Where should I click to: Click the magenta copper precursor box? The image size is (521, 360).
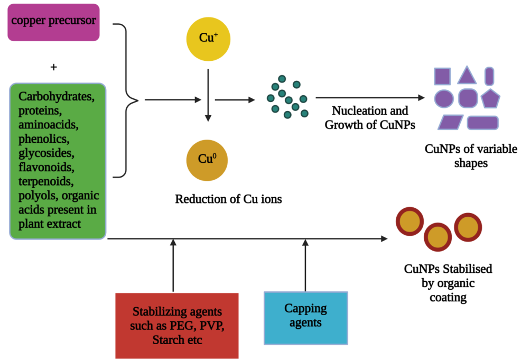coord(53,22)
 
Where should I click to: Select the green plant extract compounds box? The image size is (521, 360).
coord(58,161)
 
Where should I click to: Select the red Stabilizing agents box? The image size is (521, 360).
coord(177,325)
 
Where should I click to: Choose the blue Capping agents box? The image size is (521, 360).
coord(305,315)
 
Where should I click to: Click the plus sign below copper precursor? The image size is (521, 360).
coord(53,68)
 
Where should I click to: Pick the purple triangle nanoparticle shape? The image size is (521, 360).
coord(467,76)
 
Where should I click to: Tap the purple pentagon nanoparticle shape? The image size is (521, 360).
coord(490,98)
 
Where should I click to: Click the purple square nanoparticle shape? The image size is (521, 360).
coord(442,76)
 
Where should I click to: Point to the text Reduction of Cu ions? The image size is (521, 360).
coord(228,200)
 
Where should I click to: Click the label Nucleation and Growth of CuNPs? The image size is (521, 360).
coord(370,118)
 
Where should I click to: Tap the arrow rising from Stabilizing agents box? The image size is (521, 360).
coord(173,265)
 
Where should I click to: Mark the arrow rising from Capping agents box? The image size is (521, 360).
coord(305,265)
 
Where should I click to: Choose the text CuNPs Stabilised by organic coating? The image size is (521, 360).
coord(448,283)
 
